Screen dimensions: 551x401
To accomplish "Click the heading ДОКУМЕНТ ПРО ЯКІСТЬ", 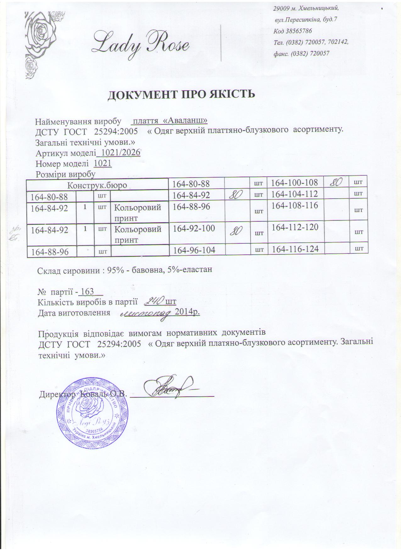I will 181,94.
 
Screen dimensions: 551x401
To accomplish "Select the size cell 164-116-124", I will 296,249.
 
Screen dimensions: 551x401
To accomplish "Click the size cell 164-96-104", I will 194,250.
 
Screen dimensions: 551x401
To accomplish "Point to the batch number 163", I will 87,292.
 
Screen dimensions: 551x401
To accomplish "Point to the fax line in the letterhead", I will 301,54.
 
